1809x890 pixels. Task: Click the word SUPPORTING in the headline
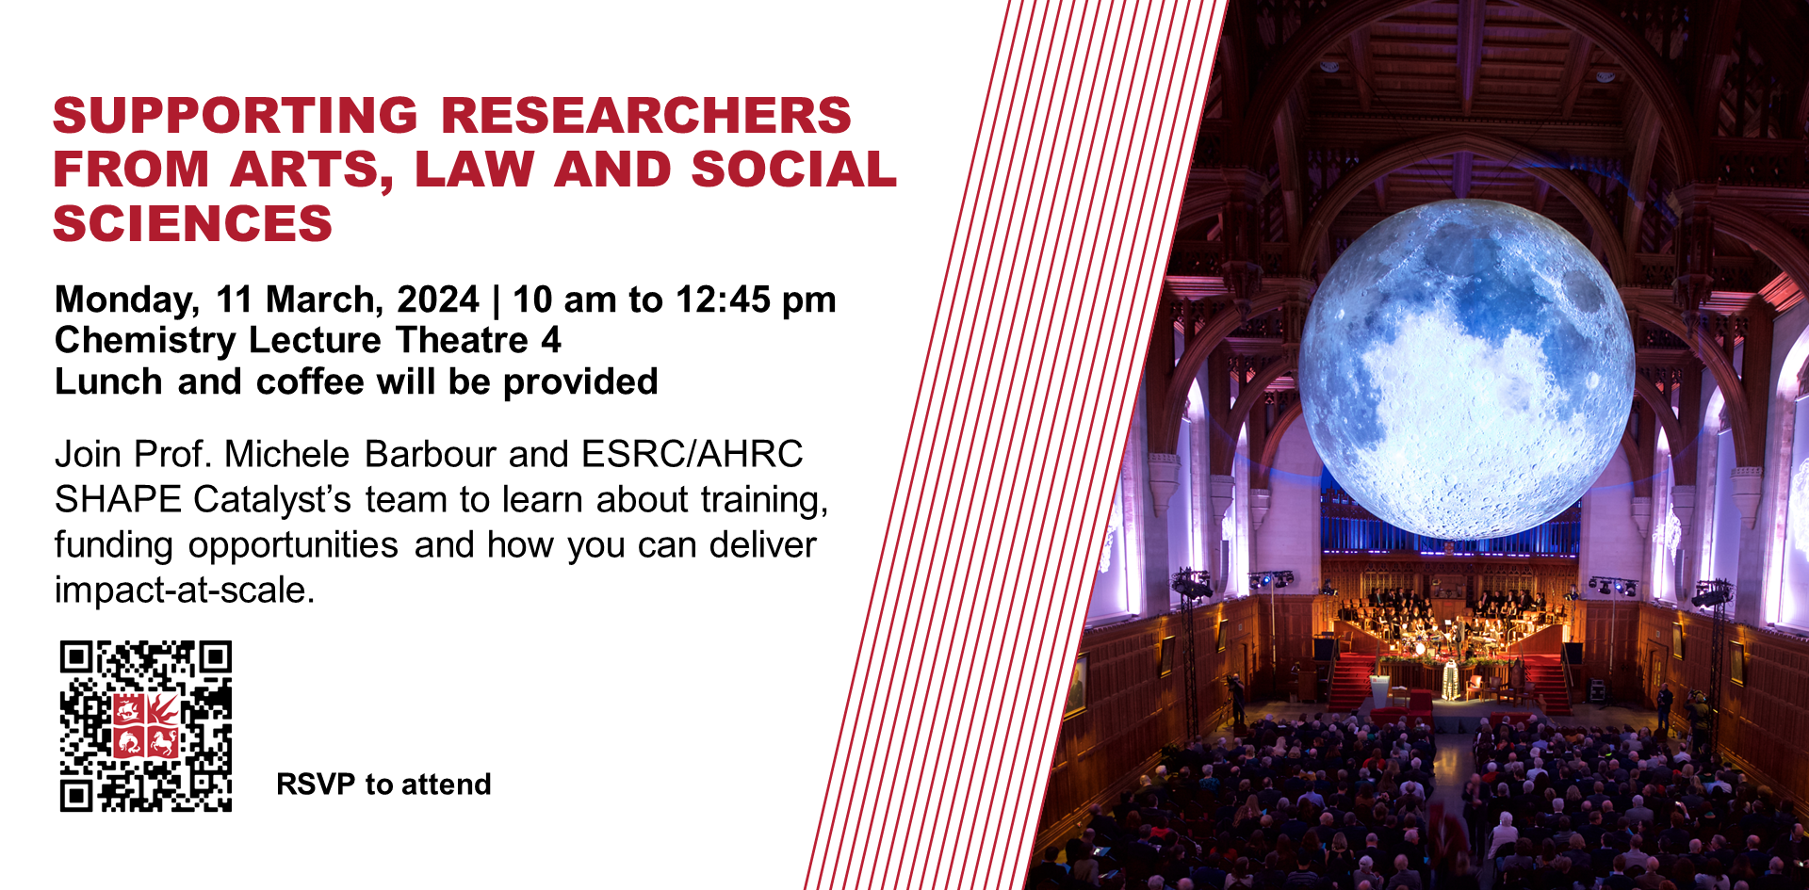(236, 116)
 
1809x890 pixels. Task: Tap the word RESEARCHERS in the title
(646, 116)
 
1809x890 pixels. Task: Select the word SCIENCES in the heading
(193, 224)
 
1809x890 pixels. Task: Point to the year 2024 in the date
(438, 299)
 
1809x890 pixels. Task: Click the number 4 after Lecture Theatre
(551, 340)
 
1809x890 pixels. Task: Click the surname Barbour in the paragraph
(430, 454)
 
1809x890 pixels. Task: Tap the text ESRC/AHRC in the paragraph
(693, 454)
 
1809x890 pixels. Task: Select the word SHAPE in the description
(118, 499)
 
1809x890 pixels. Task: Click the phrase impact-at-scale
(185, 591)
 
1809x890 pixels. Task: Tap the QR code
(146, 726)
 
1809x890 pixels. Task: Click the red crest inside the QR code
(146, 725)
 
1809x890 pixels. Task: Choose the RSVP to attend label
(383, 784)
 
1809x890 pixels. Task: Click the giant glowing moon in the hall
(1466, 369)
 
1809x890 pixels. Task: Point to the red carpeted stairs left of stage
(1352, 683)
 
